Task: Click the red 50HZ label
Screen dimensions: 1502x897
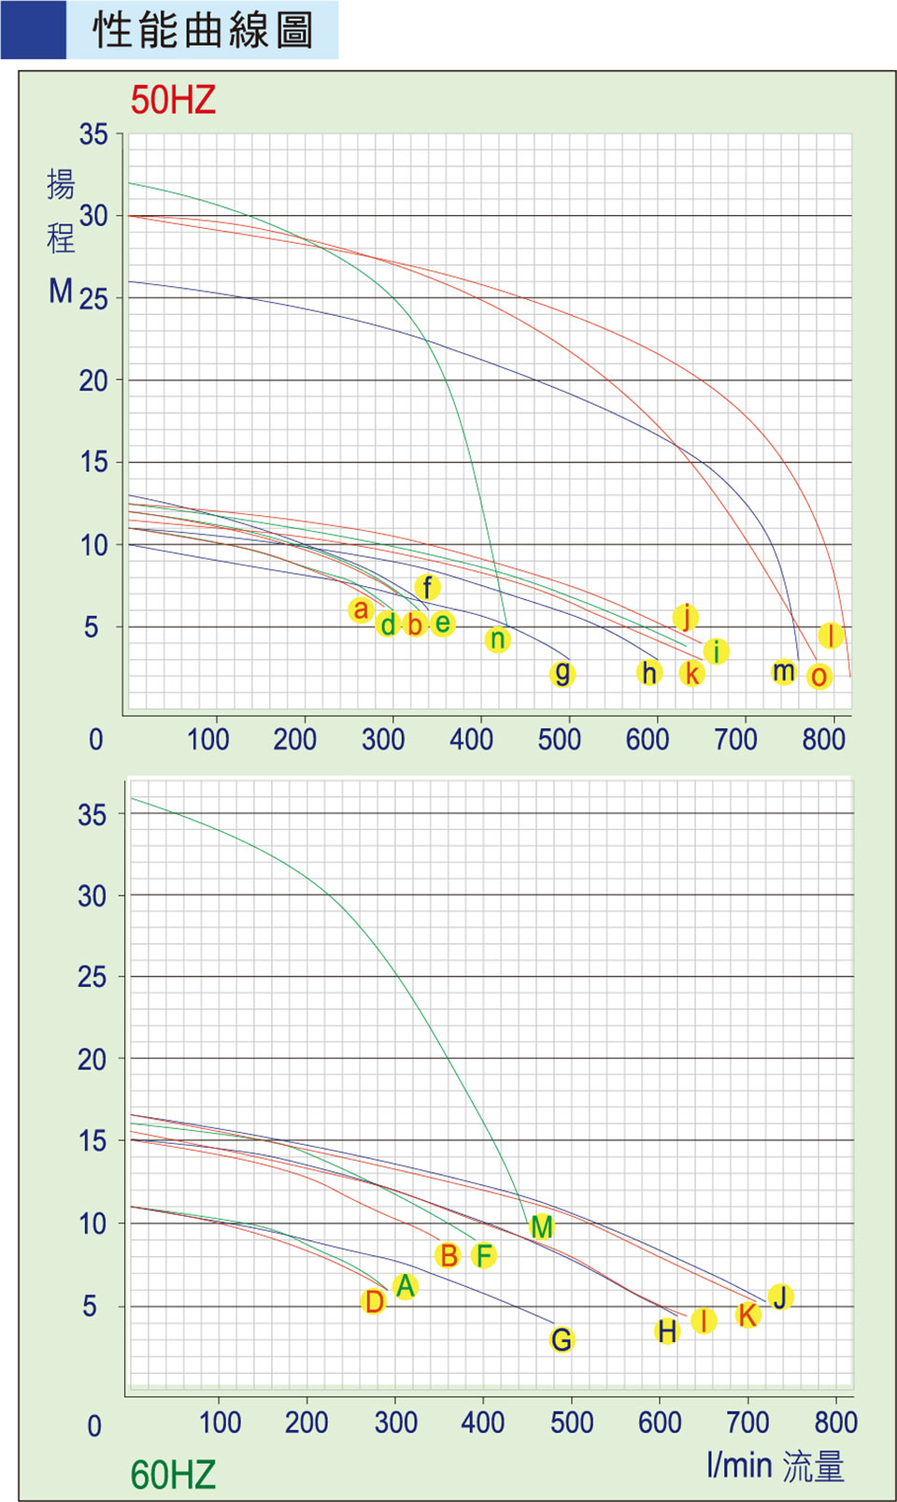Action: click(x=173, y=100)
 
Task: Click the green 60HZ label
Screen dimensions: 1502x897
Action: click(x=173, y=1475)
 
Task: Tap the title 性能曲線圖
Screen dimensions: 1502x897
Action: click(x=203, y=30)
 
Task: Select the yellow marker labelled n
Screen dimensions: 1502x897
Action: click(x=498, y=639)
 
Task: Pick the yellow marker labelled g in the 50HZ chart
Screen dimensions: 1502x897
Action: click(x=562, y=673)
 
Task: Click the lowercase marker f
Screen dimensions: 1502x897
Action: click(x=427, y=587)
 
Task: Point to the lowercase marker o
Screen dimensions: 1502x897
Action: click(x=819, y=676)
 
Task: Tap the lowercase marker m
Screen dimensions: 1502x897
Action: click(x=783, y=671)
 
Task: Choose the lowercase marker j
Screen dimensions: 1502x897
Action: click(x=686, y=617)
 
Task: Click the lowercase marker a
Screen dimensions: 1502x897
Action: click(x=361, y=609)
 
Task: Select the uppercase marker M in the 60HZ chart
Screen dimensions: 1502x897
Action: click(x=541, y=1227)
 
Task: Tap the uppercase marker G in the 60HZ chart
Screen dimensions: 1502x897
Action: click(x=562, y=1339)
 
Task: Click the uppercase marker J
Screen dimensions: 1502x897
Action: click(x=780, y=1297)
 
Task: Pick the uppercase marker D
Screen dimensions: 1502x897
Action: click(x=374, y=1301)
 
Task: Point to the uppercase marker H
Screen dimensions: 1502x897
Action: click(x=666, y=1331)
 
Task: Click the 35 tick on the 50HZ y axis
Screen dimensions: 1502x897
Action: click(x=93, y=135)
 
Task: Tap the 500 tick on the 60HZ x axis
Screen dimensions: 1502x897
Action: click(x=571, y=1423)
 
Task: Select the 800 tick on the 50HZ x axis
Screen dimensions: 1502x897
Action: click(x=823, y=739)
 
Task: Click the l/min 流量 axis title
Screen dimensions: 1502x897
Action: click(x=776, y=1466)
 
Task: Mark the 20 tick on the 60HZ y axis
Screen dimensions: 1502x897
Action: click(x=92, y=1059)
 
